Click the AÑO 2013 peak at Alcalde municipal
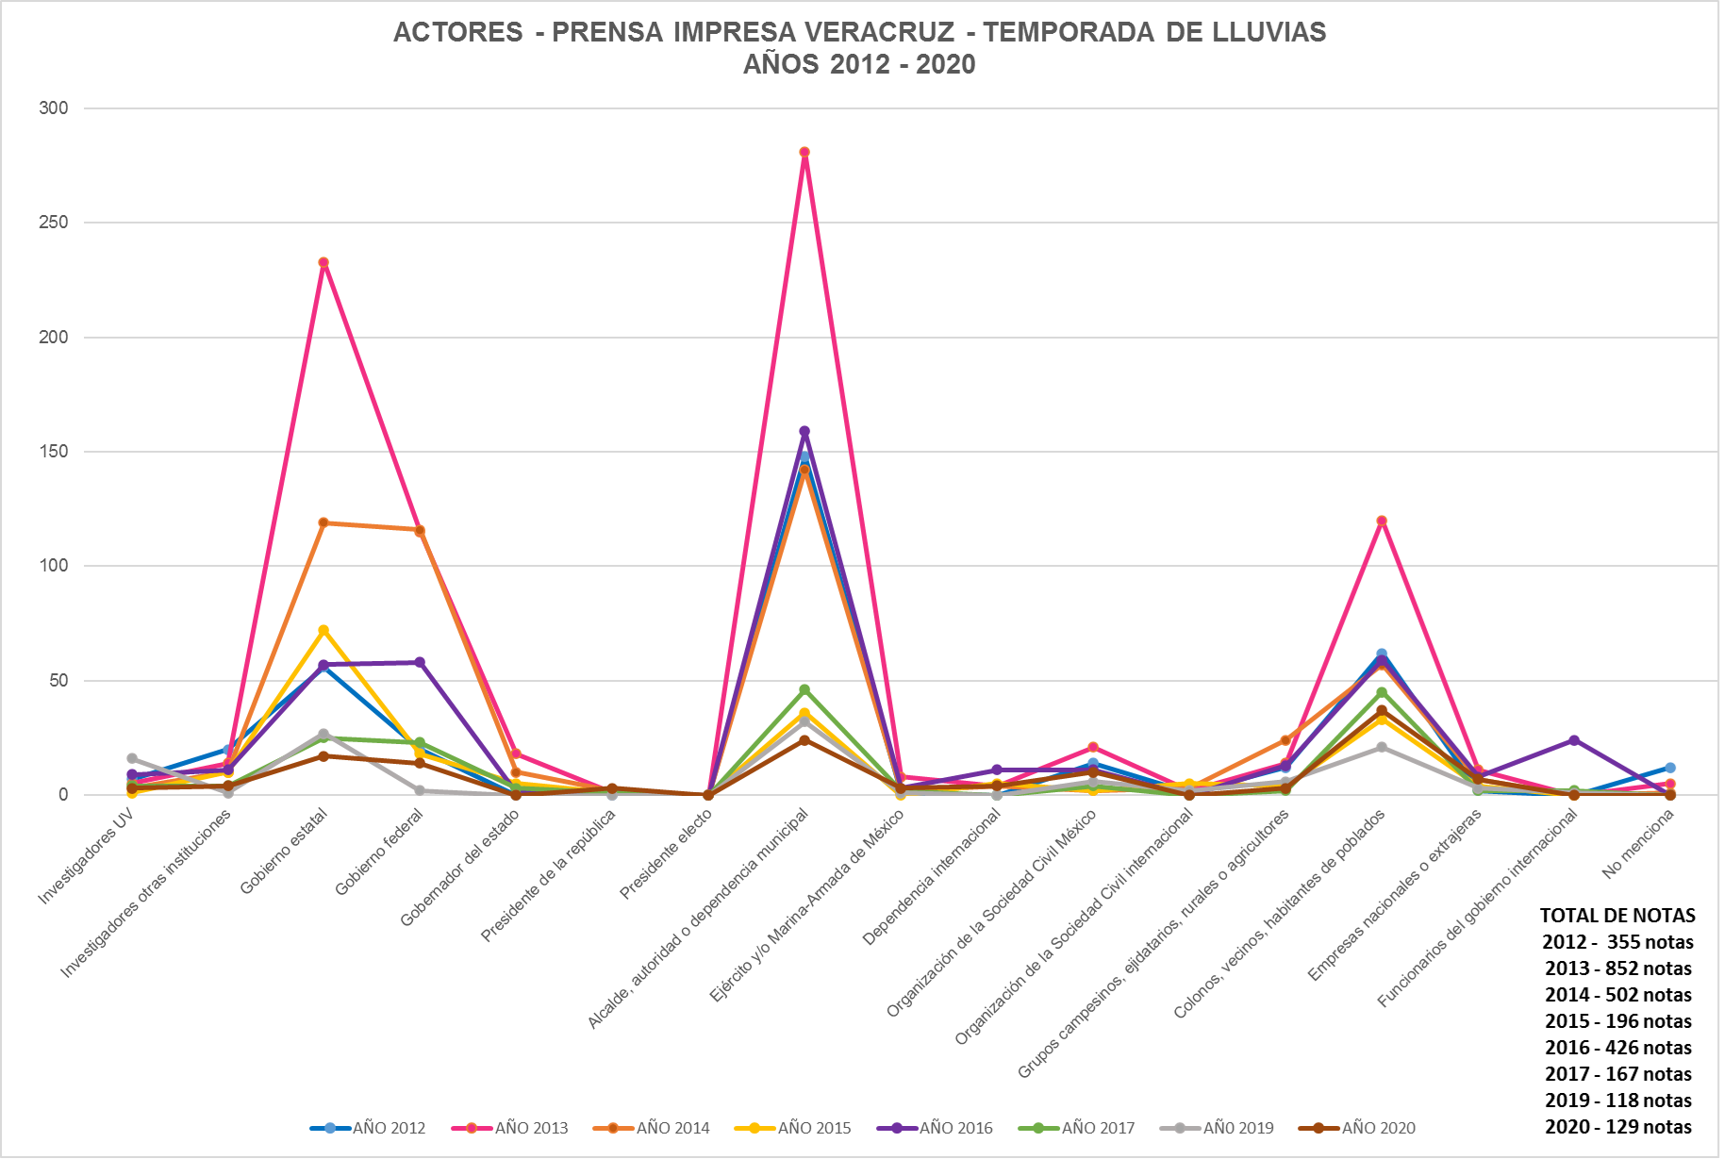804,152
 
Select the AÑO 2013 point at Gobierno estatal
323,263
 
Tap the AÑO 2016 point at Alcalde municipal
804,432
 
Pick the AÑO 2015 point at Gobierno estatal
323,630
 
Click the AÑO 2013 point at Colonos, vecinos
1382,521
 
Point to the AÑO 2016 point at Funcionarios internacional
1574,740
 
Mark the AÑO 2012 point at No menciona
1670,768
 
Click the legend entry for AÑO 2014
652,1128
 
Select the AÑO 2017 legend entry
1077,1128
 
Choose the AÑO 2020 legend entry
1357,1128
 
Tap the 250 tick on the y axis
54,223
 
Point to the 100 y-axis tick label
54,566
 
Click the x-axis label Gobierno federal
380,853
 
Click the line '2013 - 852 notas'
1617,969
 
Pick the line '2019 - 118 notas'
1617,1101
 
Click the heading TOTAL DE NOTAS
1617,915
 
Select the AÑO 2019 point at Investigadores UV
132,758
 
